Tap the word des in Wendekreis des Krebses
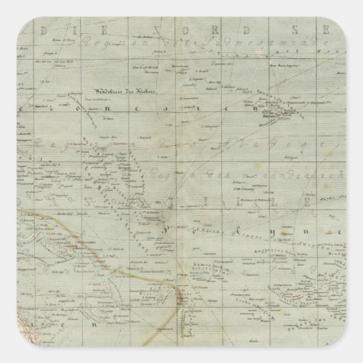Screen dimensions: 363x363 (125, 91)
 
